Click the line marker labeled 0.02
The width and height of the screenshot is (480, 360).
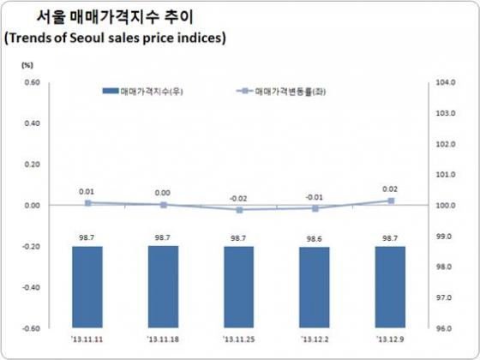[391, 201]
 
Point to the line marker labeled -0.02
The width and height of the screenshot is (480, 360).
[238, 209]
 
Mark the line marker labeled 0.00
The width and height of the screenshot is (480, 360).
[162, 205]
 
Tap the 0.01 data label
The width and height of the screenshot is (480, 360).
[87, 192]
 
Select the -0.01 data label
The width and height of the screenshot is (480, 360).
[315, 196]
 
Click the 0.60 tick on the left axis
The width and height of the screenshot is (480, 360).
[31, 82]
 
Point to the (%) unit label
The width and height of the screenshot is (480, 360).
[26, 65]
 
